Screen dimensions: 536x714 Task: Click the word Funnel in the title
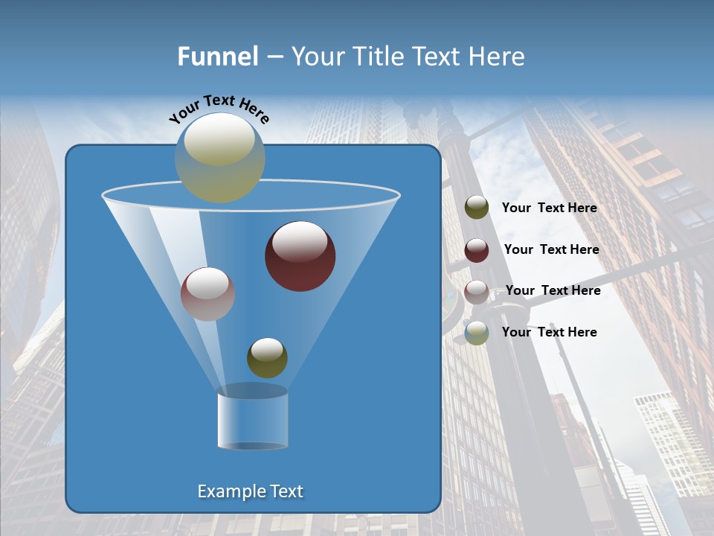(217, 57)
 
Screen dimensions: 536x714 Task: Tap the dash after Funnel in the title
(274, 57)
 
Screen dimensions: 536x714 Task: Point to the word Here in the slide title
(497, 57)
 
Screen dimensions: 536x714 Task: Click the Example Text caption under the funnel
(250, 491)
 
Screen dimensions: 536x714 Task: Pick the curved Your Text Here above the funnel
(219, 108)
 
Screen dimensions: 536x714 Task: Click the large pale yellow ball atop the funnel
(219, 157)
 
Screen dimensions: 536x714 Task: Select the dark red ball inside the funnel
(300, 256)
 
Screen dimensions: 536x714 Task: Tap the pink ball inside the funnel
(208, 294)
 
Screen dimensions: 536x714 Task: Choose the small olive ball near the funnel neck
(267, 358)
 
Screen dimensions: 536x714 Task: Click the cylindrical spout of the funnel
(252, 418)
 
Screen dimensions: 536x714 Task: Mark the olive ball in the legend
(477, 208)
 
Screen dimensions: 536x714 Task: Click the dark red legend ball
(477, 250)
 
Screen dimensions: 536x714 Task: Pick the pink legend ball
(477, 292)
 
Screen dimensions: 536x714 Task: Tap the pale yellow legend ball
(477, 333)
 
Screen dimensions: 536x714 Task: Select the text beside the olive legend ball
(549, 208)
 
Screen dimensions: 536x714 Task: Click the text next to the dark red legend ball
(551, 250)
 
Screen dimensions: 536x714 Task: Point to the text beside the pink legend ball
(553, 291)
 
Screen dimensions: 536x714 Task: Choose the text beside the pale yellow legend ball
(549, 332)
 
